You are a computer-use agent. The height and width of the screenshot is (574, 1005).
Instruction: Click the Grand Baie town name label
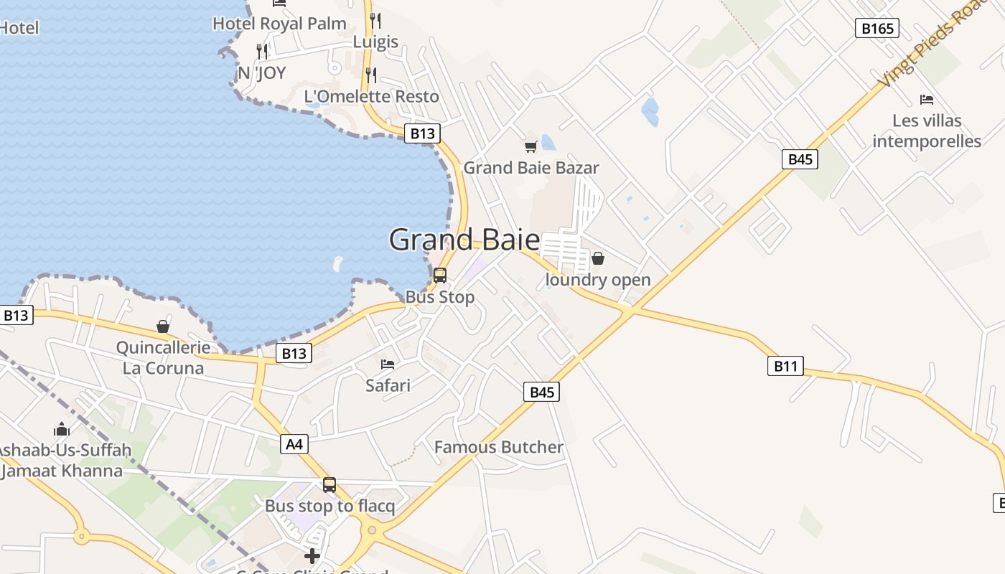464,240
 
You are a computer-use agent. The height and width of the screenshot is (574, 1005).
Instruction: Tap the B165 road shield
877,29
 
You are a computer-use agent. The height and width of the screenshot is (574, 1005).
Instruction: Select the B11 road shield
785,367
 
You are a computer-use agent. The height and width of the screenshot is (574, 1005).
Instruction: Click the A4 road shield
294,444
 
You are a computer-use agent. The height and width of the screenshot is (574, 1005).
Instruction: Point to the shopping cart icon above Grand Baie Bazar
530,147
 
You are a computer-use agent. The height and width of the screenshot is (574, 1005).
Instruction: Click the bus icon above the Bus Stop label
440,276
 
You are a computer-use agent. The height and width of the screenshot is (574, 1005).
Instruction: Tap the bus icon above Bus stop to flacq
329,485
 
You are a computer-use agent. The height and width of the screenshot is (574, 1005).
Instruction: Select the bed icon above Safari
388,364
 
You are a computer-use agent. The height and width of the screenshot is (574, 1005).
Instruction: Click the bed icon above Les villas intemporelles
927,100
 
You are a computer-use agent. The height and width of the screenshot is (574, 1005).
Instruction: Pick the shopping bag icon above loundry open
598,258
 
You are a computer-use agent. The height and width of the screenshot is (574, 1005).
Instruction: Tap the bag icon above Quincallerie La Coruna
163,326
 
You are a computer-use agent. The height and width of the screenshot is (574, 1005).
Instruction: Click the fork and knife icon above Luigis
375,20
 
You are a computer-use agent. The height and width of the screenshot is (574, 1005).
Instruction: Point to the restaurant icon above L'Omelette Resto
370,75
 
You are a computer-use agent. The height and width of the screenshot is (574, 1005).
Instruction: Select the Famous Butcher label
499,447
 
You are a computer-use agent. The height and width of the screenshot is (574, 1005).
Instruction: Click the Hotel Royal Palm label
279,24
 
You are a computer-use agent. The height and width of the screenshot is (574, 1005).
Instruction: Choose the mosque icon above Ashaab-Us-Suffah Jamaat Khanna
62,429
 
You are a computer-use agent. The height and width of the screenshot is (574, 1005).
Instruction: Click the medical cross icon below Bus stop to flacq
312,555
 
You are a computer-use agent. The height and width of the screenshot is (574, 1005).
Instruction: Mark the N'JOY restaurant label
262,72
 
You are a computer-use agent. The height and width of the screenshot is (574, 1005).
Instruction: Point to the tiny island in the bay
338,264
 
